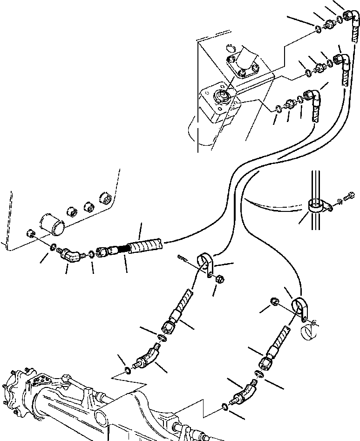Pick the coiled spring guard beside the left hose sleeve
pyautogui.click(x=122, y=249)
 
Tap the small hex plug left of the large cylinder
pyautogui.click(x=30, y=233)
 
